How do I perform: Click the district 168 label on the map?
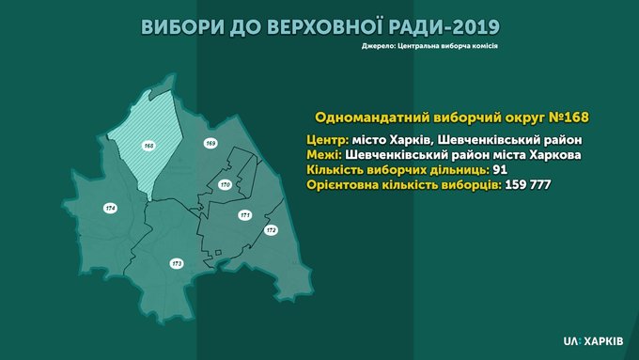(x=148, y=146)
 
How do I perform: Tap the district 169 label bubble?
(x=210, y=143)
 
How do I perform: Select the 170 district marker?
(x=225, y=184)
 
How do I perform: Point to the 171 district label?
(x=244, y=215)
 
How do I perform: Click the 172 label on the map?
(x=271, y=230)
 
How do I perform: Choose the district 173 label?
(x=177, y=264)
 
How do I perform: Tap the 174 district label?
(x=111, y=209)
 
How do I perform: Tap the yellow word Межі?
(x=324, y=155)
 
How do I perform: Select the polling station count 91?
(x=500, y=170)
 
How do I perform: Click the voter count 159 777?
(x=528, y=185)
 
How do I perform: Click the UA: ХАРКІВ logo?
(x=593, y=341)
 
